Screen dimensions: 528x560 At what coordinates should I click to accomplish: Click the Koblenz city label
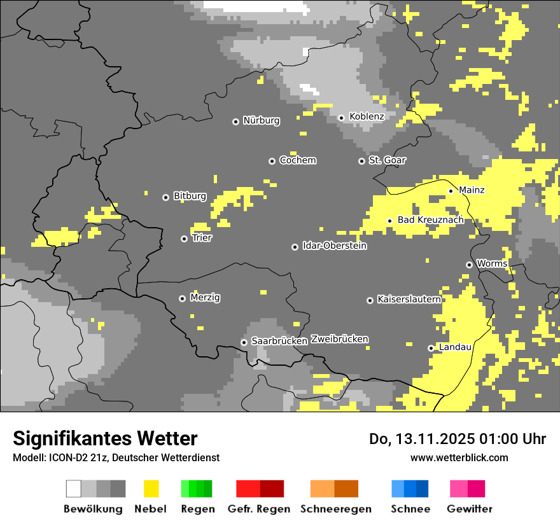[x=367, y=116]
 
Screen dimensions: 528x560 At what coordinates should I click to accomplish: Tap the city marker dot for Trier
[x=185, y=239]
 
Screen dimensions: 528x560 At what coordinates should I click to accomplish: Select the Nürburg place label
[x=261, y=120]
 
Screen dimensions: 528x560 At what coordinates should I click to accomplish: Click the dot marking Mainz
[x=451, y=190]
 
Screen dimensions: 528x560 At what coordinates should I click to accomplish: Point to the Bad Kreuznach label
[x=430, y=219]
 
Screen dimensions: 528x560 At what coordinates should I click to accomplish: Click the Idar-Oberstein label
[x=334, y=246]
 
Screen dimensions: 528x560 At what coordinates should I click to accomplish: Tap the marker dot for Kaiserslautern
[x=370, y=300]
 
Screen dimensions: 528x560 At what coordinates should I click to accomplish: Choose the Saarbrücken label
[x=279, y=341]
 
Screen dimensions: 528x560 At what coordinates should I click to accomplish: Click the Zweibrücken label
[x=339, y=339]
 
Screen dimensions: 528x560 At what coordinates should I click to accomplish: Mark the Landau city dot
[x=431, y=348]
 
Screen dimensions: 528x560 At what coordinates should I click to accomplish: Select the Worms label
[x=492, y=263]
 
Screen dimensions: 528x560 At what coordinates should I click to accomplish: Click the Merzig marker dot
[x=182, y=298]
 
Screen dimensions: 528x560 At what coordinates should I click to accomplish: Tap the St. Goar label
[x=387, y=160]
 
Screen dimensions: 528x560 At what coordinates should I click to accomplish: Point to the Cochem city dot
[x=272, y=161]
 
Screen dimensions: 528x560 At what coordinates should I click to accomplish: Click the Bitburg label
[x=190, y=196]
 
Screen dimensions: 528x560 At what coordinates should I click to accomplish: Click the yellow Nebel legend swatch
[x=151, y=489]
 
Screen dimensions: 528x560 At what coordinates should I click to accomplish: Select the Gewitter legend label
[x=470, y=509]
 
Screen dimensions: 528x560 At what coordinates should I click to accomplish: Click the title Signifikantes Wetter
[x=105, y=438]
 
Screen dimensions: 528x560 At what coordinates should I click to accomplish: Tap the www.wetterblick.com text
[x=459, y=457]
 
